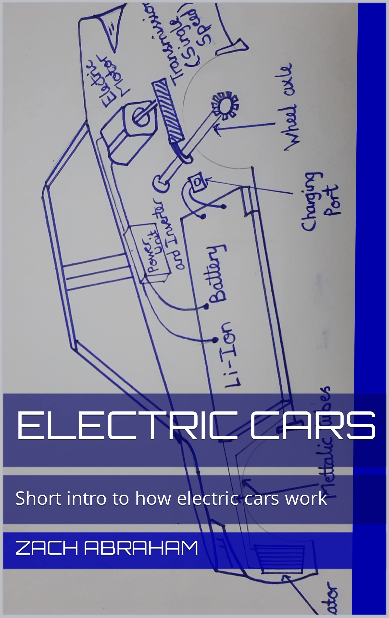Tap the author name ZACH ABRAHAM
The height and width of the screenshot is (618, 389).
pyautogui.click(x=107, y=548)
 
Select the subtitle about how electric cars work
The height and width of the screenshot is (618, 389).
pyautogui.click(x=171, y=498)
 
